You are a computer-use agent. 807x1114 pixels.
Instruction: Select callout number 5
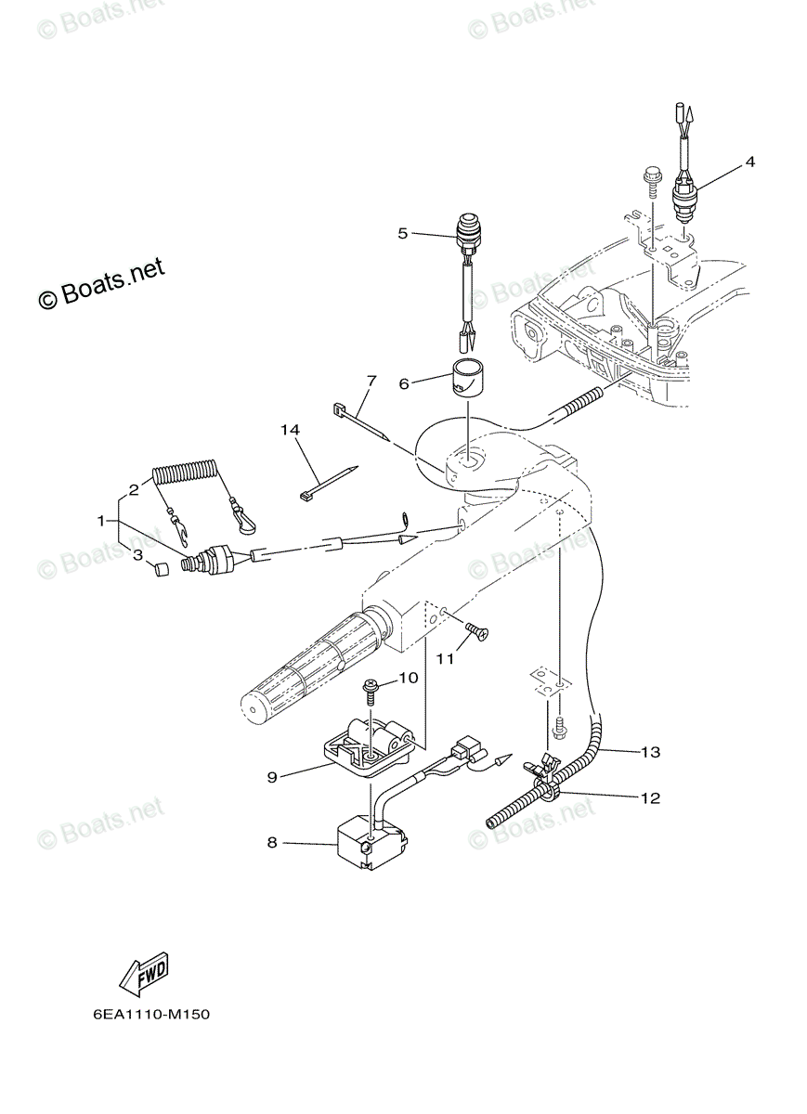[403, 234]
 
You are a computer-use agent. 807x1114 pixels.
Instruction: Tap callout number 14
[291, 429]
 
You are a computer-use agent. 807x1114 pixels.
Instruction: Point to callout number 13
[649, 752]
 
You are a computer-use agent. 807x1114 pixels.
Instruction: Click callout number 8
[272, 843]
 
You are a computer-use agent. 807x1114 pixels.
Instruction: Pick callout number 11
[446, 658]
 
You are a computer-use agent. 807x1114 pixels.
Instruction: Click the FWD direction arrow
[144, 972]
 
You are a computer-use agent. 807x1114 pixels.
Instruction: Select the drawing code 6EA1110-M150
[150, 1015]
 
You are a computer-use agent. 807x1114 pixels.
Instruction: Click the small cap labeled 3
[158, 569]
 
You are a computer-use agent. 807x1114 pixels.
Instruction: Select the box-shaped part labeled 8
[371, 840]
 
